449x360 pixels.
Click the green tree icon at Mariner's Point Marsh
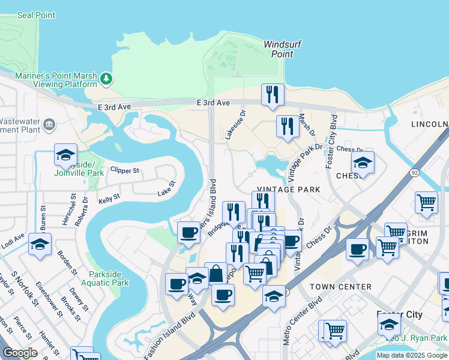coord(106,79)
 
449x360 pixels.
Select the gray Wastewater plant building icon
coord(49,125)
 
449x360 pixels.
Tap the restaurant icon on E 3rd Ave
coord(273,95)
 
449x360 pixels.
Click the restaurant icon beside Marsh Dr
coord(288,127)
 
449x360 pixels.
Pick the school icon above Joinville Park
coord(65,155)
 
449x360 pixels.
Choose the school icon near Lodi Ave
coord(40,245)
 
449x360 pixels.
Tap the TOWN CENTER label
coord(341,287)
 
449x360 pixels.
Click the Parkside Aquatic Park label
coord(108,278)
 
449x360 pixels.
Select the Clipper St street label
coord(124,171)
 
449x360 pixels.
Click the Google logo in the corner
coord(20,353)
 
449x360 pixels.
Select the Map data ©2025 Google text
coord(411,355)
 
